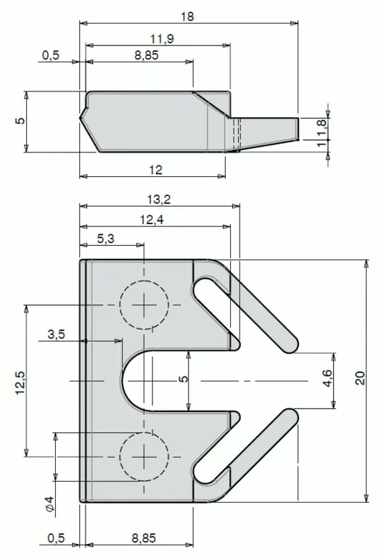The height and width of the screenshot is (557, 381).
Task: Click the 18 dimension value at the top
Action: click(x=187, y=17)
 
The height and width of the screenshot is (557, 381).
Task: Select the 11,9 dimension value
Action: click(x=162, y=38)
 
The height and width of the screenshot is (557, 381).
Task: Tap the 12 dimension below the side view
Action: click(x=155, y=170)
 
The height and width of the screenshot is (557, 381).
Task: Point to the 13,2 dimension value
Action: click(x=159, y=199)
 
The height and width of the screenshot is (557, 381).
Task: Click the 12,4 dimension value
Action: click(x=152, y=220)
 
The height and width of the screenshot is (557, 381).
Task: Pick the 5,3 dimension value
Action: click(x=105, y=239)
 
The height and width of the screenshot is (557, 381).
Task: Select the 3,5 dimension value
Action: click(x=57, y=334)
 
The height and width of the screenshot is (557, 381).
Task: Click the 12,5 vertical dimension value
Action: click(x=20, y=382)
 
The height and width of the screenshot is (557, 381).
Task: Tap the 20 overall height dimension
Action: click(x=360, y=378)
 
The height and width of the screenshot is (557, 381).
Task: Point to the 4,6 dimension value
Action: click(x=327, y=378)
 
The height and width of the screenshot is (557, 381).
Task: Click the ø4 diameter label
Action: click(x=50, y=504)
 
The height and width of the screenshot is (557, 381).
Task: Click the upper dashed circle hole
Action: click(x=144, y=305)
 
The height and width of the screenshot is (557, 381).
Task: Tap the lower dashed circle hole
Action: click(x=144, y=456)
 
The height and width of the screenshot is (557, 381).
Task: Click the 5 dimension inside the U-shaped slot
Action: click(x=184, y=379)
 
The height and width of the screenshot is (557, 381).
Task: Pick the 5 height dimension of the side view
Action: click(x=20, y=120)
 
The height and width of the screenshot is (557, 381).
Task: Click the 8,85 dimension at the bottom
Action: click(x=144, y=538)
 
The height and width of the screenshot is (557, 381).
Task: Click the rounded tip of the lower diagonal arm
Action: click(x=290, y=416)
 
